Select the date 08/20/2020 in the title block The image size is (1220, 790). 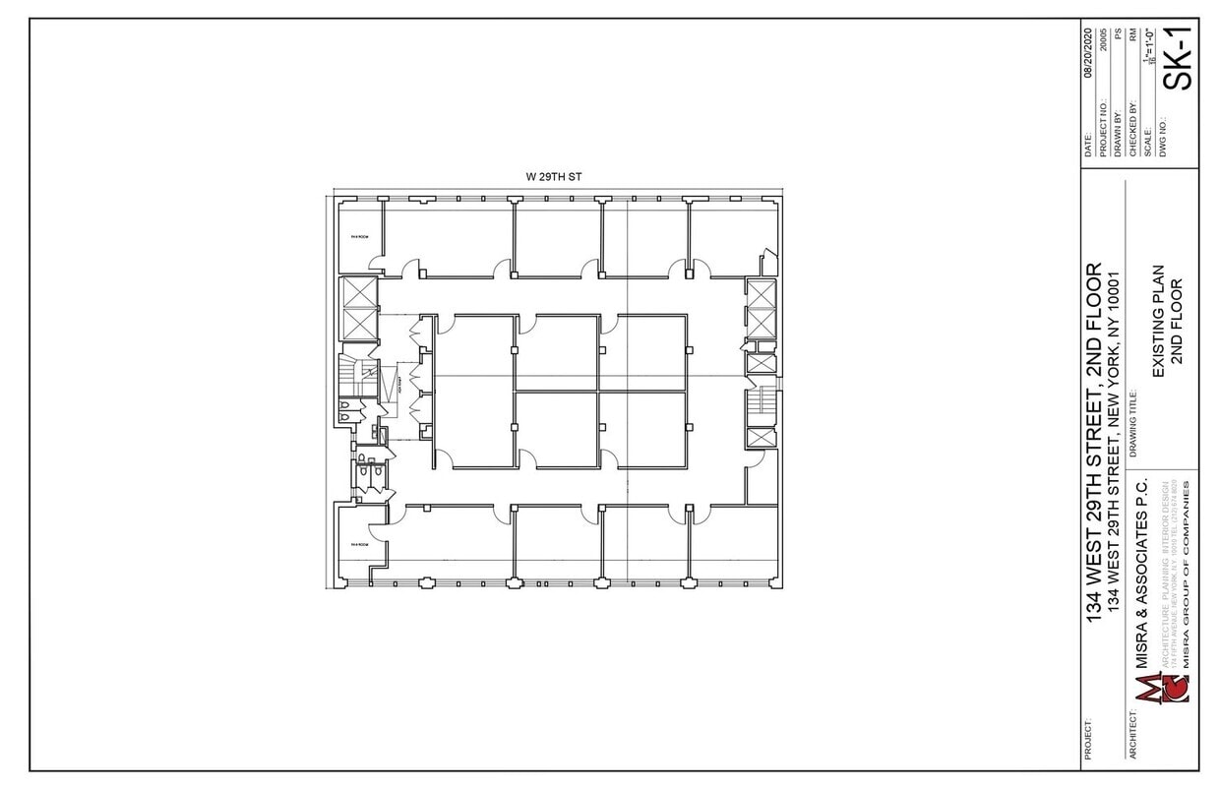point(1089,52)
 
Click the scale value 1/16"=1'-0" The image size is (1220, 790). point(1146,49)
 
